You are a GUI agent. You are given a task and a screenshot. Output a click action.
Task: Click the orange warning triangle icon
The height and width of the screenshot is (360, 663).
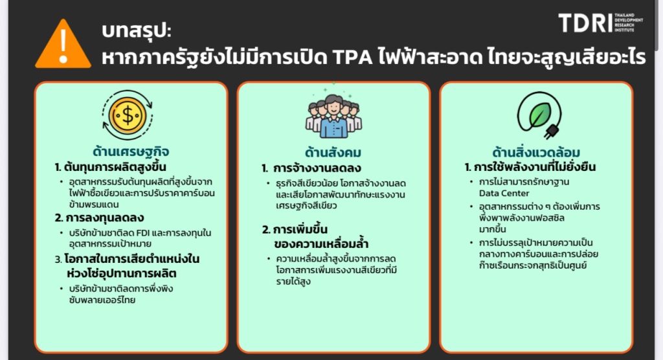coord(63,45)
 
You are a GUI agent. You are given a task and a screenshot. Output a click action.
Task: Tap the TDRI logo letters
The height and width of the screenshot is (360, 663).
coord(585,23)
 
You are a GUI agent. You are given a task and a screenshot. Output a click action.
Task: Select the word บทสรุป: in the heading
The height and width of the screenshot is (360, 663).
coord(136,30)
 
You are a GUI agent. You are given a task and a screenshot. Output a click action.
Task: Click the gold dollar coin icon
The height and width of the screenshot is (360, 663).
coord(128,115)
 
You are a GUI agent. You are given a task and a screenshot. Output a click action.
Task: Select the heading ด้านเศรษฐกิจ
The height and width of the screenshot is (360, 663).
coord(131,151)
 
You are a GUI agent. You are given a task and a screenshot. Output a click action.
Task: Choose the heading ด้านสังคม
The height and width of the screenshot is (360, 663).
coord(333,152)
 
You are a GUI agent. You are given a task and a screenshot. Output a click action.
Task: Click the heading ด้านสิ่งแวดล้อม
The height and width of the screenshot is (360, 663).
coord(536,152)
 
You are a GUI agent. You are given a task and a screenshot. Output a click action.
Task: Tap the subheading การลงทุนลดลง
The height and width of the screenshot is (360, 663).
coord(105,218)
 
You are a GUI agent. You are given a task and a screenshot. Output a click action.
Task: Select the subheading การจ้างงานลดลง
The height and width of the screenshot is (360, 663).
coord(317,168)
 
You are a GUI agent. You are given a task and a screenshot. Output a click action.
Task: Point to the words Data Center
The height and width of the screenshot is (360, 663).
coord(504,194)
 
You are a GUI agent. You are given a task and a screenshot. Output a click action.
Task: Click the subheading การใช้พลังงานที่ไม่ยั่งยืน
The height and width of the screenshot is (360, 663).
coord(534,167)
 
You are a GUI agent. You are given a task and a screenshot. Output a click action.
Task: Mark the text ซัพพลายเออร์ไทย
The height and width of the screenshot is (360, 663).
coord(102,300)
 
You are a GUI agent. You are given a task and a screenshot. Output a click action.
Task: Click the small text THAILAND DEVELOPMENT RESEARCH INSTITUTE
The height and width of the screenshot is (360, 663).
coord(629,23)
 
